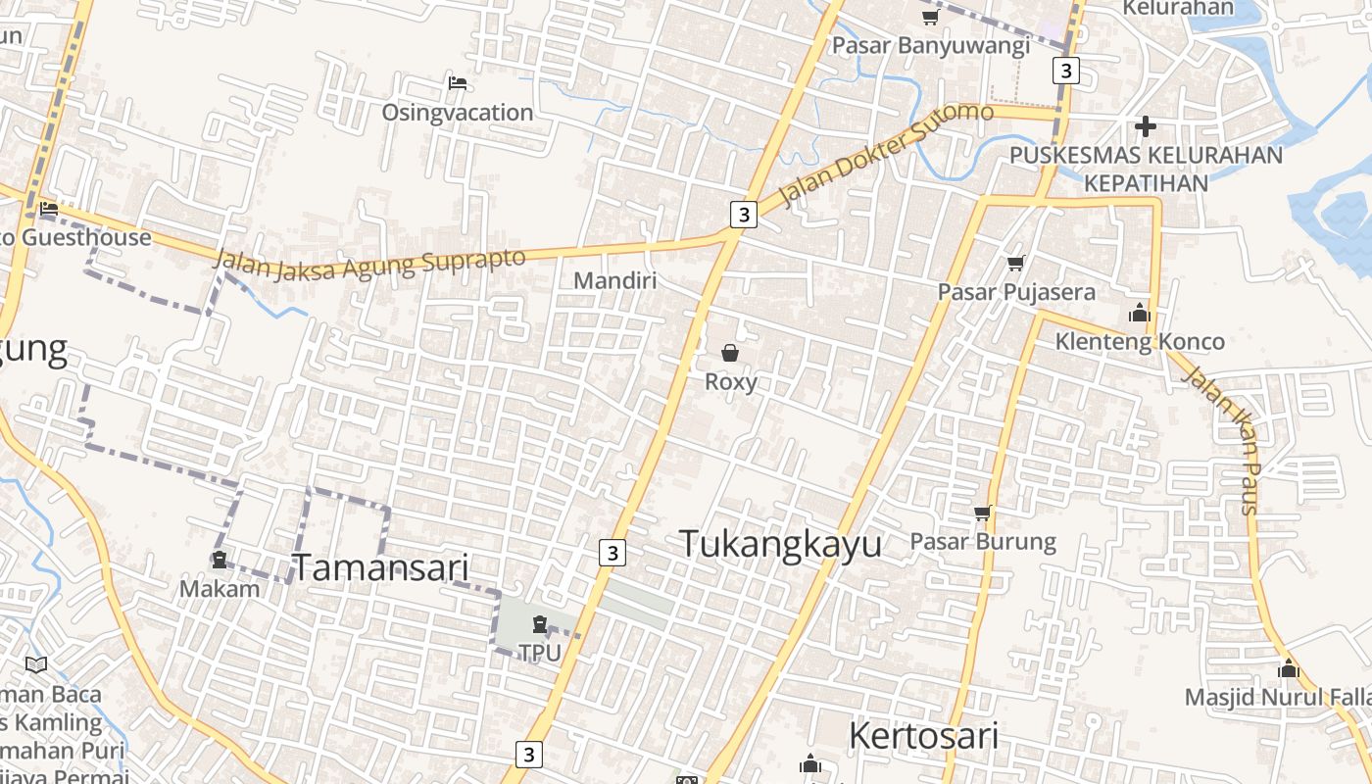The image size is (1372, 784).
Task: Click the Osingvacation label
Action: (457, 113)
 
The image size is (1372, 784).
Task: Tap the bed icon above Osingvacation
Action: (457, 83)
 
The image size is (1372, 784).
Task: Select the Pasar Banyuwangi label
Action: (930, 46)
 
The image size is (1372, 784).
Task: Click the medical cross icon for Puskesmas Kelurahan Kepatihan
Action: (1145, 126)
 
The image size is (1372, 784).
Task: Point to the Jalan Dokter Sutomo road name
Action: (888, 153)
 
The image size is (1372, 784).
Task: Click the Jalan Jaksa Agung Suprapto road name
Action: (368, 263)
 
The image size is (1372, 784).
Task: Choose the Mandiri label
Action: (614, 281)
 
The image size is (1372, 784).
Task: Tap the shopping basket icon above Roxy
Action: (730, 353)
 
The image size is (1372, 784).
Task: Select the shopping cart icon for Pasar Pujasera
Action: (1015, 263)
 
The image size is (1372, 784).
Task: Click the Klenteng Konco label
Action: (1139, 342)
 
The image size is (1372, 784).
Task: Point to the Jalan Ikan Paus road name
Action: (1220, 439)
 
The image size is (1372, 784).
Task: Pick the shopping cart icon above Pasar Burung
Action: (983, 513)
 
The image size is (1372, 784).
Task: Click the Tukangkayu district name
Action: (780, 544)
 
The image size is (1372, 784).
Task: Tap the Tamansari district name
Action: (380, 567)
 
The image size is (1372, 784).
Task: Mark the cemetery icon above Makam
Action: (220, 560)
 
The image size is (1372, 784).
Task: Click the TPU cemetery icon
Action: (539, 624)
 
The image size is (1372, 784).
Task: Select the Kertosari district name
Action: (922, 736)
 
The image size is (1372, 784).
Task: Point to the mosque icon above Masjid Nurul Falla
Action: (1288, 669)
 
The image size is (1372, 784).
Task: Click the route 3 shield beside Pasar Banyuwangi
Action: (1065, 71)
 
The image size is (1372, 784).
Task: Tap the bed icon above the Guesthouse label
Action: (49, 209)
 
